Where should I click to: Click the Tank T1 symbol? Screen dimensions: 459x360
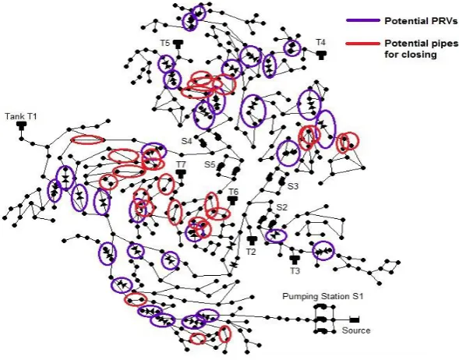(21, 126)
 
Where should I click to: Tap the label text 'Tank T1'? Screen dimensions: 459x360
(21, 116)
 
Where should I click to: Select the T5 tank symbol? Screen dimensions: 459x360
(178, 44)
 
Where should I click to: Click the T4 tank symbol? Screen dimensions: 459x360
(321, 55)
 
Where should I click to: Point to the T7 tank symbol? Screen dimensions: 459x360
(182, 174)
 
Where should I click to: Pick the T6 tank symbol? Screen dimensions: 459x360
(233, 200)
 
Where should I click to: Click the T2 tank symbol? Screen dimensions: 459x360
(251, 241)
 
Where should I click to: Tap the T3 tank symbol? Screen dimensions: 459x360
(295, 259)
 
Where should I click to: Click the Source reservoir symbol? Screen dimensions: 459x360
(355, 319)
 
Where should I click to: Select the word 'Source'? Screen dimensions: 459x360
(356, 330)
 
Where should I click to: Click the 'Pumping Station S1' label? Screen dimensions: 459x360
(323, 296)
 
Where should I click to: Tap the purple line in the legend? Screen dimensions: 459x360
(362, 20)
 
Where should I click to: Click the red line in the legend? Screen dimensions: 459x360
(362, 44)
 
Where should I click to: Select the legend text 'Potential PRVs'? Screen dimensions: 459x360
(421, 21)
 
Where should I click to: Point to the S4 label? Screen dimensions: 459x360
(187, 141)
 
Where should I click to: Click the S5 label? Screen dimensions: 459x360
(210, 164)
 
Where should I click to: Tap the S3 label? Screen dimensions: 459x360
(293, 186)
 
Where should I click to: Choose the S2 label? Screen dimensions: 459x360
(281, 207)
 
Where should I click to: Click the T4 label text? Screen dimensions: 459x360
(320, 42)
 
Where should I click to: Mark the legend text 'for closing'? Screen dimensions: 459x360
(411, 55)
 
